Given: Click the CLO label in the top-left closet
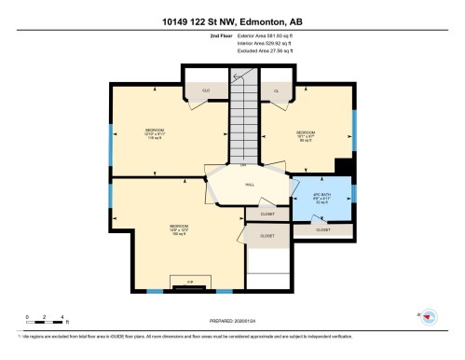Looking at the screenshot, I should pos(205,90).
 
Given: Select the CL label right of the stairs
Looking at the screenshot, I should pos(277,90).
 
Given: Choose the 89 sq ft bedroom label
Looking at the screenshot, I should pos(305,134).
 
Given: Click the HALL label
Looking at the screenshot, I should pos(250,185).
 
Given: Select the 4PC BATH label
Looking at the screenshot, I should pos(320,199).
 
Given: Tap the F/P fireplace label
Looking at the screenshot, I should pos(190,280).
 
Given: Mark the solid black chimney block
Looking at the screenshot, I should pos(344,168).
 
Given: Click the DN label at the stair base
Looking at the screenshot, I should pos(243,165).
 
